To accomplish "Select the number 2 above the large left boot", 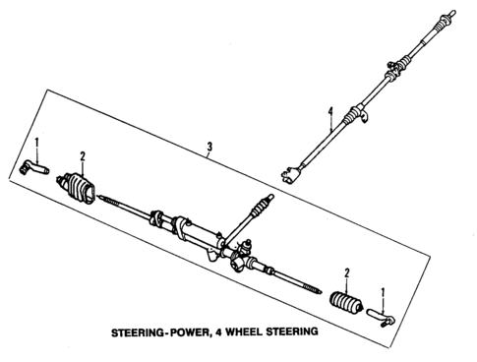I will pyautogui.click(x=84, y=155).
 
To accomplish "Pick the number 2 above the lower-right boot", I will pyautogui.click(x=347, y=271).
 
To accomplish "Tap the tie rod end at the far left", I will pyautogui.click(x=32, y=169).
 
